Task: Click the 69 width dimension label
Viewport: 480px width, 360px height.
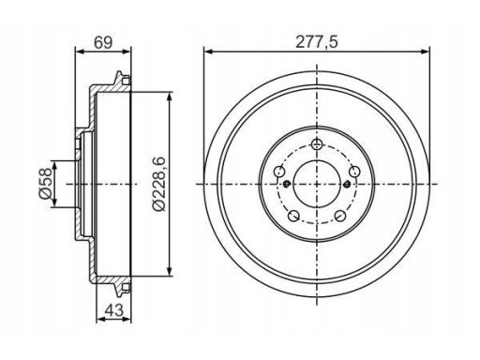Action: pyautogui.click(x=103, y=42)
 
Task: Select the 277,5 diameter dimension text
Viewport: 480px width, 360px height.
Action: pyautogui.click(x=317, y=42)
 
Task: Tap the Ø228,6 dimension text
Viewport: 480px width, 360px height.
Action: pyautogui.click(x=158, y=184)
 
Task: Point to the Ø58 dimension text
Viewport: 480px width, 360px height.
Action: pyautogui.click(x=45, y=184)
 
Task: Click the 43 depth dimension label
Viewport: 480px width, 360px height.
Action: pyautogui.click(x=113, y=310)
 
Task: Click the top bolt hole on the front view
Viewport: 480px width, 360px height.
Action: pyautogui.click(x=317, y=144)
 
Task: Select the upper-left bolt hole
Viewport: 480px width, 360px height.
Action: pyautogui.click(x=279, y=172)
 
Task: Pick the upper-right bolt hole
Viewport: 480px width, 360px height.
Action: pyautogui.click(x=354, y=172)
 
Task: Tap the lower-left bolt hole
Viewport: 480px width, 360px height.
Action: pyautogui.click(x=293, y=216)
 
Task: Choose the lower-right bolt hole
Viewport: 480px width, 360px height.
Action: pyautogui.click(x=340, y=216)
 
